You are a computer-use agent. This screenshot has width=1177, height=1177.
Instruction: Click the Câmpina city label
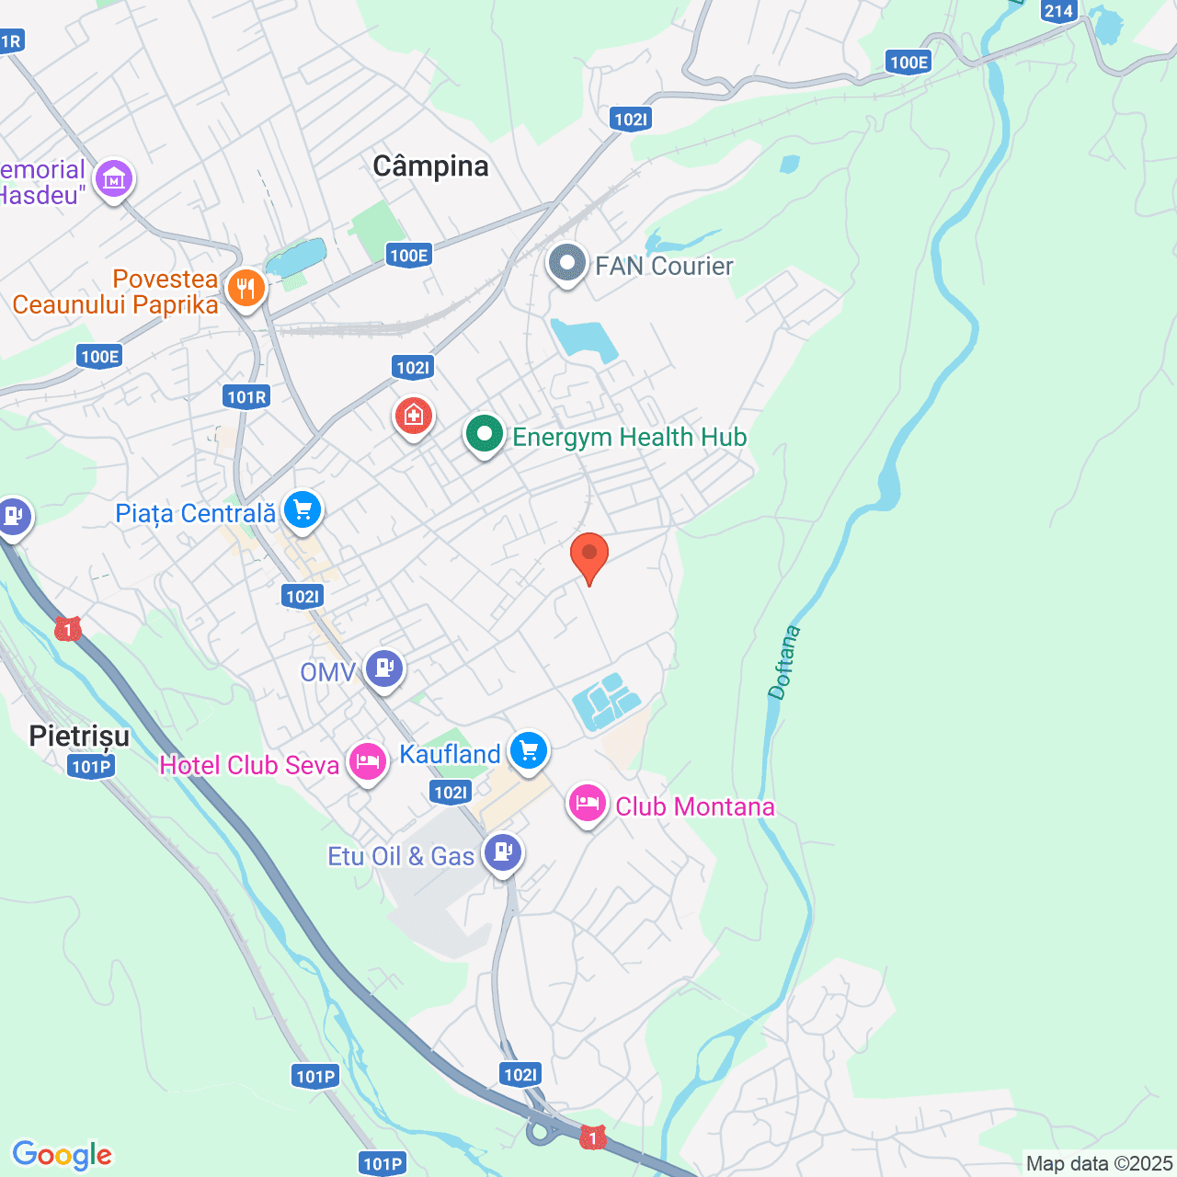point(430,166)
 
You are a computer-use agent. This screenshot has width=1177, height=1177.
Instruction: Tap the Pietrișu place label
point(79,736)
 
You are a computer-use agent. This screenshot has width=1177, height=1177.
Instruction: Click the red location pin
point(589,554)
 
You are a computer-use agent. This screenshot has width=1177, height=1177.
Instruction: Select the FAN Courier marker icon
point(567,264)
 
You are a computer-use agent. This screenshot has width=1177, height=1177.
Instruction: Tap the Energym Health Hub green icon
point(484,435)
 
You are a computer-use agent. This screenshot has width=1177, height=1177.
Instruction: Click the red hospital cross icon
point(414,417)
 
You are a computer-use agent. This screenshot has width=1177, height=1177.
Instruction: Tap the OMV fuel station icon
point(384,668)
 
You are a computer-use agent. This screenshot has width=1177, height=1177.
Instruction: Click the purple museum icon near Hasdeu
point(114,178)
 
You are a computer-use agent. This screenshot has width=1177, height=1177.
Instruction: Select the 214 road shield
point(1058,11)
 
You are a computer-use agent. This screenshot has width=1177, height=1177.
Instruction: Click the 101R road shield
point(246,397)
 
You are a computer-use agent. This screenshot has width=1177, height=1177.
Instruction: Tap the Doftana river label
point(784,663)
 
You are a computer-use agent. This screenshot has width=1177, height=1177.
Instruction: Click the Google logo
point(63,1155)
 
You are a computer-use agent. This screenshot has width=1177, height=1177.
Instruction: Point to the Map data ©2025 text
point(1099,1164)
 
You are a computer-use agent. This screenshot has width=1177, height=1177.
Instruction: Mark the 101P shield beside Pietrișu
point(91,766)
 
